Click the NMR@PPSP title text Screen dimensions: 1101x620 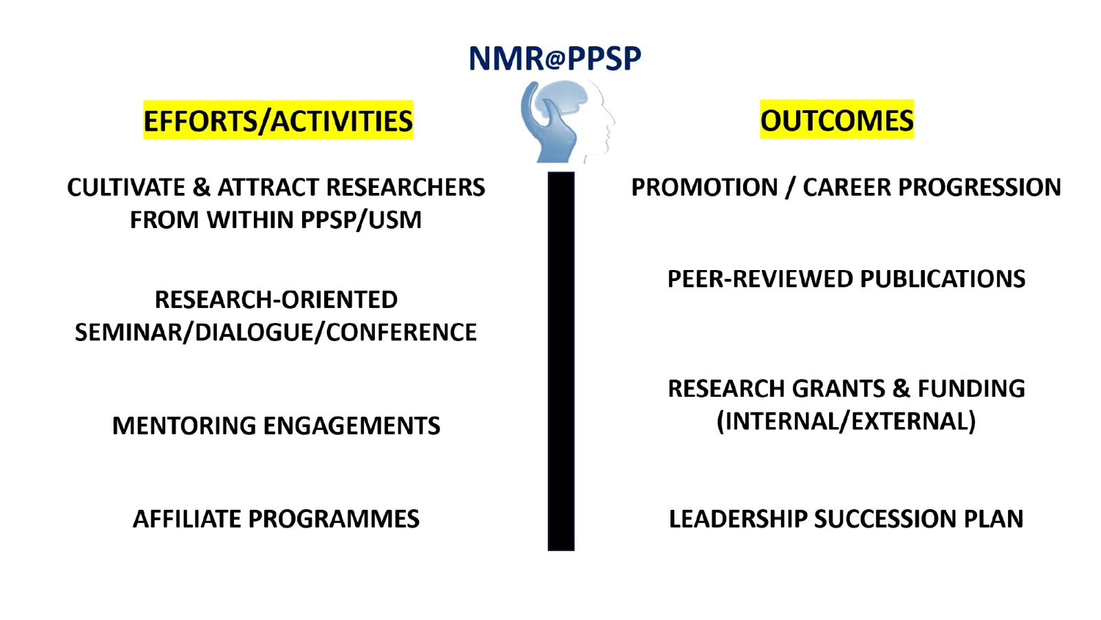(x=555, y=59)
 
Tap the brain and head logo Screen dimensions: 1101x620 (x=567, y=121)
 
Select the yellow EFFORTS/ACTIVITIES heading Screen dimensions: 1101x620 (x=278, y=121)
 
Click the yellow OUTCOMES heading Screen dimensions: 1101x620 (x=837, y=120)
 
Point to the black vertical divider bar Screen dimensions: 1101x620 (x=561, y=361)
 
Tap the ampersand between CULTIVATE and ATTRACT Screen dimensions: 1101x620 (x=201, y=187)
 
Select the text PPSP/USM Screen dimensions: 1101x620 (x=361, y=220)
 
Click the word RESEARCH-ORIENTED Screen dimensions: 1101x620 (x=276, y=300)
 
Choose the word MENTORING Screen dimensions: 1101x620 (x=184, y=426)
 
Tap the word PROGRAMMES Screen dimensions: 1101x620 (x=334, y=519)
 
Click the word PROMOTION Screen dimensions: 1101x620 (x=705, y=187)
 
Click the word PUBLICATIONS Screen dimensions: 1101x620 (x=943, y=279)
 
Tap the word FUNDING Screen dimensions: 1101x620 (x=972, y=389)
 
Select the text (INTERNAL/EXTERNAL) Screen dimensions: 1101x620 (x=846, y=421)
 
